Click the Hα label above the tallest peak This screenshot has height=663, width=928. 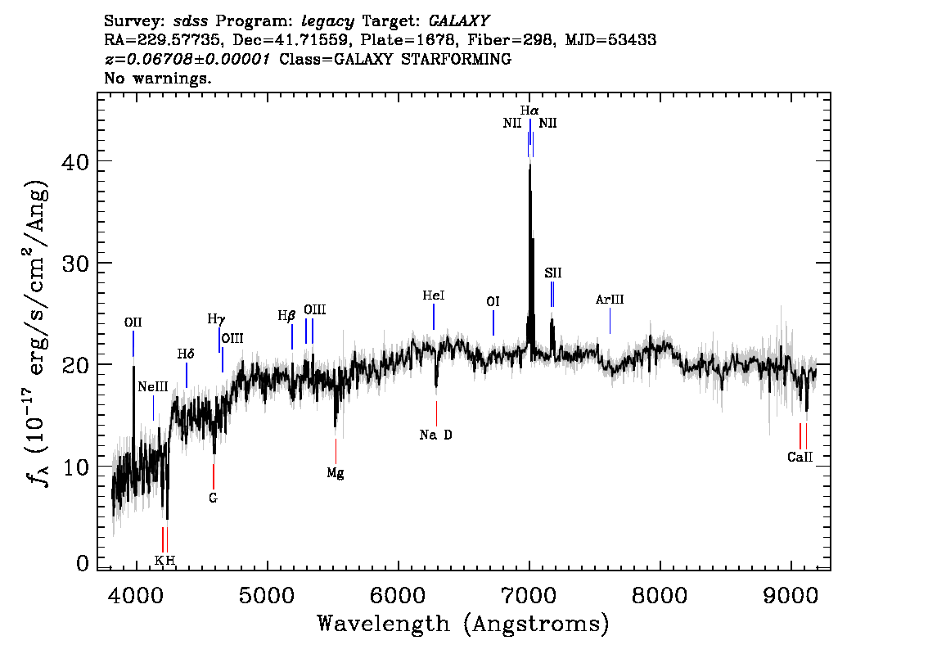(529, 110)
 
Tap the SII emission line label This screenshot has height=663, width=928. (553, 273)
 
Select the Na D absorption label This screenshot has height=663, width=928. (435, 435)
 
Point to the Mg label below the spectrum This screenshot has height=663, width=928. (336, 472)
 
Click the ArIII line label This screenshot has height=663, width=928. (610, 300)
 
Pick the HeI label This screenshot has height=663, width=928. (434, 295)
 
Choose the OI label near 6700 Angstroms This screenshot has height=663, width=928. (493, 302)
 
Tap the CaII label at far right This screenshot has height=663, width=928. (800, 458)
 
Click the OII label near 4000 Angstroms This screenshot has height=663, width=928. (133, 322)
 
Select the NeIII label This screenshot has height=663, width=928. (153, 386)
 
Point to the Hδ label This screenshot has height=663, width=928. (186, 354)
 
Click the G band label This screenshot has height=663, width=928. (213, 497)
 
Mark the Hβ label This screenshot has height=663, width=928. (286, 315)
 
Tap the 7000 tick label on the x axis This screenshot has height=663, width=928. (529, 592)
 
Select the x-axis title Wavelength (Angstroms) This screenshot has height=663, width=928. (463, 625)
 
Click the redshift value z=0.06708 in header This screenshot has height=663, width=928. (187, 60)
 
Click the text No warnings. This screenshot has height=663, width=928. (158, 79)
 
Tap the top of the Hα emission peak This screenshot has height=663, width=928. (529, 165)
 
